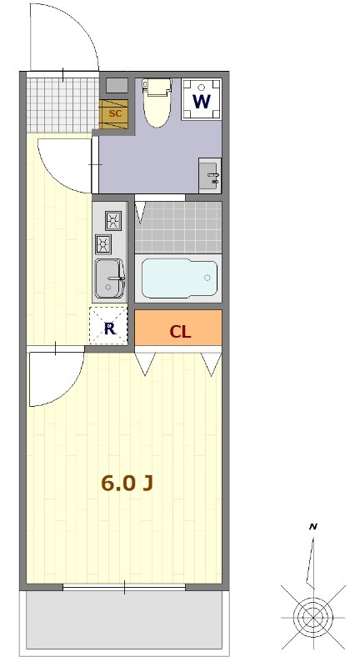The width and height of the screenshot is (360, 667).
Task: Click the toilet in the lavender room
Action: [157, 103]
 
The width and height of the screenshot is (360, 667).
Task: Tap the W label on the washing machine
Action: [202, 102]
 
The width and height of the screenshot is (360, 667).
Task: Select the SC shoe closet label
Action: [115, 113]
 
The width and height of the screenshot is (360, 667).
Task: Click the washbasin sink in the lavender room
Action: [210, 175]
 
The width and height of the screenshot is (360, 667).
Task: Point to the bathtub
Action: [179, 278]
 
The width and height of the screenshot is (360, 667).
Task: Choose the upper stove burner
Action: [113, 220]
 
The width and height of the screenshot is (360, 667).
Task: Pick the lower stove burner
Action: [103, 244]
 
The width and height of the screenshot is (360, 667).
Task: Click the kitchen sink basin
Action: [109, 278]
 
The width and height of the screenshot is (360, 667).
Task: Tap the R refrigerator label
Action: [110, 328]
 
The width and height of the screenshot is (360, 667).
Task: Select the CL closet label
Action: [180, 332]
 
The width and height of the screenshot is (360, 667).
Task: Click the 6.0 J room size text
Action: [127, 483]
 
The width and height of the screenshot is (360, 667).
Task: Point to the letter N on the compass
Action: [312, 527]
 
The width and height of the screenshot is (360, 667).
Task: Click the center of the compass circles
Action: [313, 617]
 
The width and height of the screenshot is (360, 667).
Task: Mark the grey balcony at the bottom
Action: [124, 620]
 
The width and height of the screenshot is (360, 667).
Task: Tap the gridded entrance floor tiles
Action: [62, 105]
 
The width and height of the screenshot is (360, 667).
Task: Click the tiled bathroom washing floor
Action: [178, 227]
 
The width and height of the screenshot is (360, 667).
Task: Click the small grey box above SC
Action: [117, 85]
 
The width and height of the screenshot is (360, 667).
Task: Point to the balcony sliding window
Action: [124, 588]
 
